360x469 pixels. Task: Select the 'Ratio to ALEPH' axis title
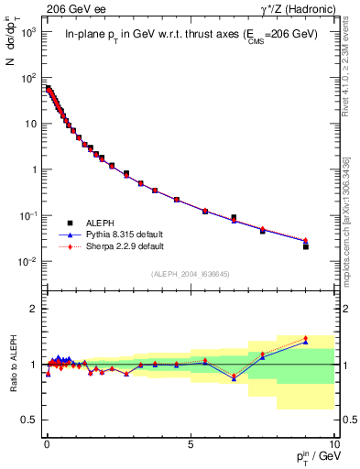click(x=13, y=364)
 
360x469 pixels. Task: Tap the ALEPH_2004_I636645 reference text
click(x=190, y=274)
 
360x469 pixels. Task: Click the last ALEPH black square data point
click(x=305, y=246)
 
